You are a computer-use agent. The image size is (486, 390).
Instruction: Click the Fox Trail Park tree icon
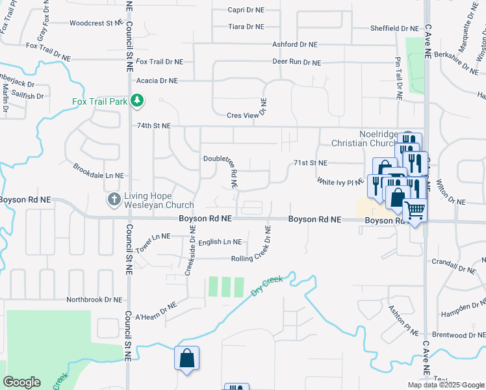136,101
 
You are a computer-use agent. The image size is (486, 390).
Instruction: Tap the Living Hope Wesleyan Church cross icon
114,200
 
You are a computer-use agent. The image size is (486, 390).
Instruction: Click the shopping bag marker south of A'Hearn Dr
186,358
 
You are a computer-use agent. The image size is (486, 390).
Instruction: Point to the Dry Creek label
267,286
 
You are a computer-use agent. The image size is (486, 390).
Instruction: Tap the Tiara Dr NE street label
246,27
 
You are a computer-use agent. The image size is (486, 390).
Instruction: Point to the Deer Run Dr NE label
296,63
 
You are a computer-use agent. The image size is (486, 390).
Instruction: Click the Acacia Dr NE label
157,81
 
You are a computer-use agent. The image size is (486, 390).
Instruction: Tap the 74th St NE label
153,125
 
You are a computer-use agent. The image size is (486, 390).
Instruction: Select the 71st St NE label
310,162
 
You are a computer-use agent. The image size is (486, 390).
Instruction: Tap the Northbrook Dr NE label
95,300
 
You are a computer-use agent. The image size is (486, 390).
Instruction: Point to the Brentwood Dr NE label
457,335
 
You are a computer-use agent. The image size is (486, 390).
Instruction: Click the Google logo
21,382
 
